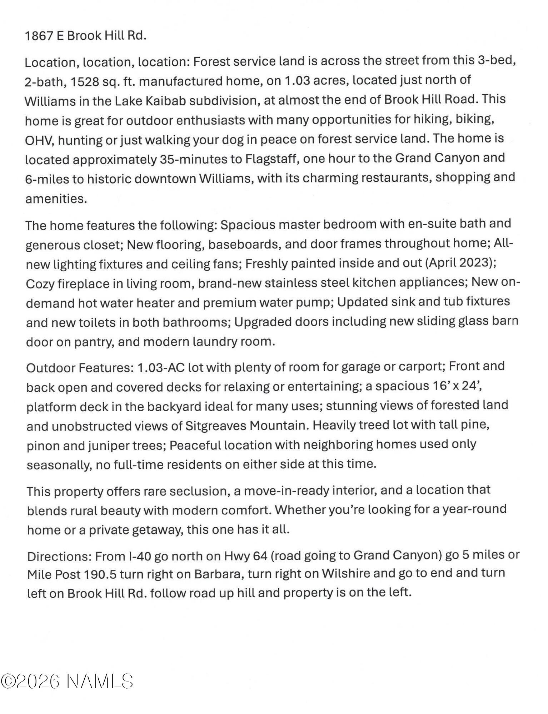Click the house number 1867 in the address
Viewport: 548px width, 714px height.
tap(39, 36)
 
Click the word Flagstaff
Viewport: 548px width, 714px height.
tap(272, 159)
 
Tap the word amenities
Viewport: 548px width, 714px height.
tap(56, 199)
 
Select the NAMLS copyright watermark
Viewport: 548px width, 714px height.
tap(67, 682)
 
